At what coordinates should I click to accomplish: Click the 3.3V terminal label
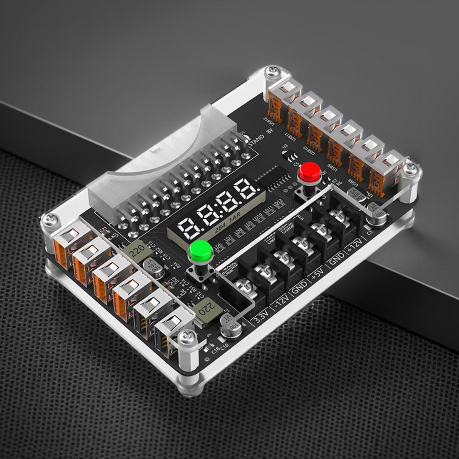point(262,317)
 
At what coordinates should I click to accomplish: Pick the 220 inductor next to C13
point(136,251)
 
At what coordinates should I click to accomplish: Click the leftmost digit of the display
point(188,228)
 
